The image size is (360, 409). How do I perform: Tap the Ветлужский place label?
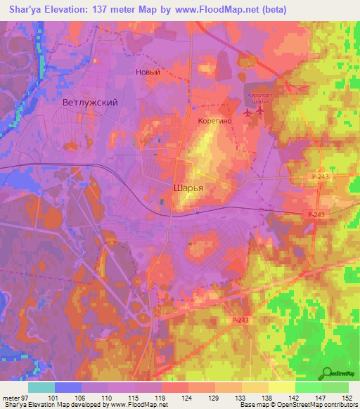click(89, 103)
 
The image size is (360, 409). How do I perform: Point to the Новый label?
click(148, 72)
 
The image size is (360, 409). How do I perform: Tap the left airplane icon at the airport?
click(247, 112)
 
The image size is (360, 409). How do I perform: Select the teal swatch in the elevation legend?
click(41, 387)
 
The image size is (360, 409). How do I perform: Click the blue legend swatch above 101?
click(68, 387)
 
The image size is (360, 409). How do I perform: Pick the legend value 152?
click(347, 398)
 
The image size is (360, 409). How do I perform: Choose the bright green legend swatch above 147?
click(307, 387)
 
